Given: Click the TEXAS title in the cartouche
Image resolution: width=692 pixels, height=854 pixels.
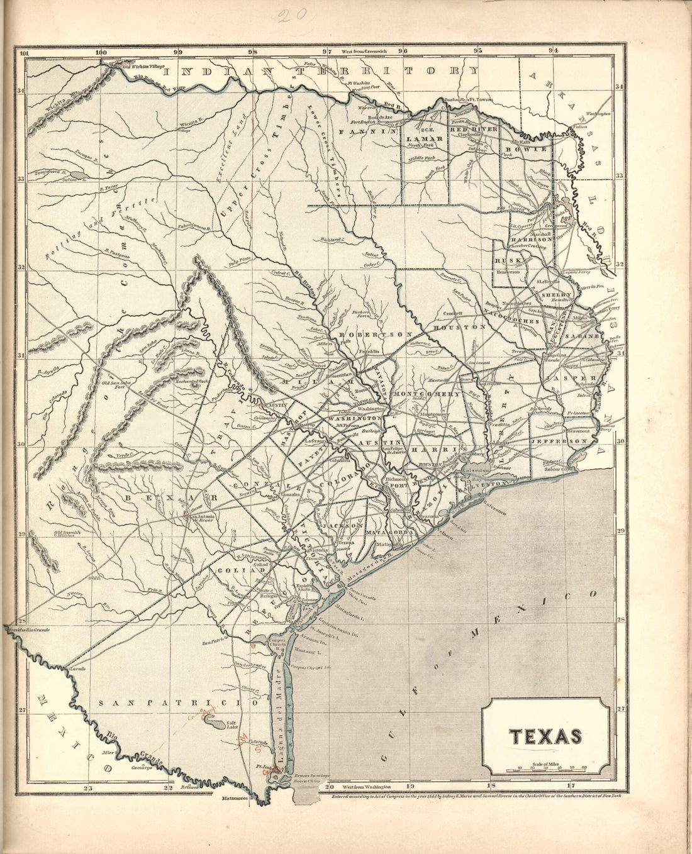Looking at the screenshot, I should (x=545, y=736).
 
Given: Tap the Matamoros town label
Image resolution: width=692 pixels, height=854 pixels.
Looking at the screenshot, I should (x=235, y=799).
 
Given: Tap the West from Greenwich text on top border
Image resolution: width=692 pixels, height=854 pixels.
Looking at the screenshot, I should (x=364, y=50).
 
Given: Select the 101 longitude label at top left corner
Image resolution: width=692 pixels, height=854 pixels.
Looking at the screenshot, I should (x=25, y=52).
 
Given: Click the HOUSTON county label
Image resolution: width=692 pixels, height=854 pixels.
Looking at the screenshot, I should (x=466, y=328).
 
